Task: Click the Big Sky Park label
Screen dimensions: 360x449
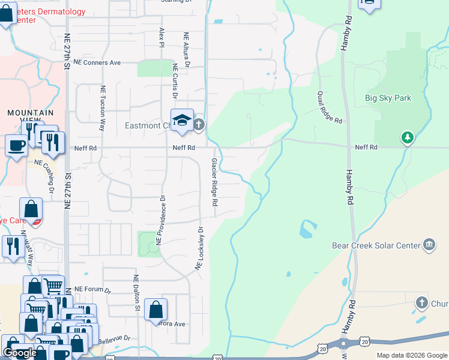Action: click(x=388, y=98)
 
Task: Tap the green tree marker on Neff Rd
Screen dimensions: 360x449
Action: click(x=408, y=138)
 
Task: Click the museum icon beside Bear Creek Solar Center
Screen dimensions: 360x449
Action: click(x=429, y=244)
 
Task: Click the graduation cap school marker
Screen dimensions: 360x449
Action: click(x=182, y=121)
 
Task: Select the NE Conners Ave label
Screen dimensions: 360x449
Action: click(x=97, y=62)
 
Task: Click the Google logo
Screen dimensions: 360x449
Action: click(x=20, y=353)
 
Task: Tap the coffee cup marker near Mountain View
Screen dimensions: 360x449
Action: click(x=16, y=145)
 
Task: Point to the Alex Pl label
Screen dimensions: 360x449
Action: click(x=161, y=37)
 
